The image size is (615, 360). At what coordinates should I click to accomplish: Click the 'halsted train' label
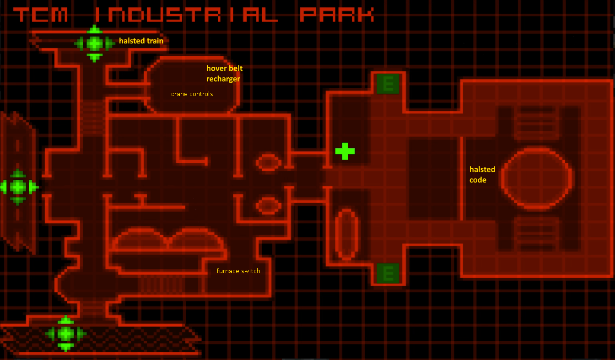coord(141,41)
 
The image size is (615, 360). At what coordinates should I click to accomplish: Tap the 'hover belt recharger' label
coord(224,74)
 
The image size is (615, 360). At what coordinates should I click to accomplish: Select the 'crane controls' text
coord(192,94)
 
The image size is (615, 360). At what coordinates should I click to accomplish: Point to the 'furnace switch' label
coord(238,271)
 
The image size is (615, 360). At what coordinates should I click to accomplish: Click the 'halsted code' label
coord(482,175)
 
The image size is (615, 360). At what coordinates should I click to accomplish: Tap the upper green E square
coord(388,84)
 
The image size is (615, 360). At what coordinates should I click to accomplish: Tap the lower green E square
coord(388,273)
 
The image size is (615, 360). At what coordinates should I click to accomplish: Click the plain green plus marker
coord(345,151)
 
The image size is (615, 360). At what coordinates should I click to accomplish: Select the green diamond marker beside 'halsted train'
coord(94,43)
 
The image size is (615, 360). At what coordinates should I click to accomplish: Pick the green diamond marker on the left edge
coord(18,187)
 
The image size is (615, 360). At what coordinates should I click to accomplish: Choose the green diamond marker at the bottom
coord(65,333)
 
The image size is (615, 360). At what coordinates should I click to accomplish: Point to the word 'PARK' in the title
coord(337,15)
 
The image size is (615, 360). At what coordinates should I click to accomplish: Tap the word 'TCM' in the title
coord(40,15)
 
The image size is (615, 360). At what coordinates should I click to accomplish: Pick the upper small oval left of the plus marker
coord(269,155)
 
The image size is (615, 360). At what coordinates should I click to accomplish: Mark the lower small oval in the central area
coord(269,198)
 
